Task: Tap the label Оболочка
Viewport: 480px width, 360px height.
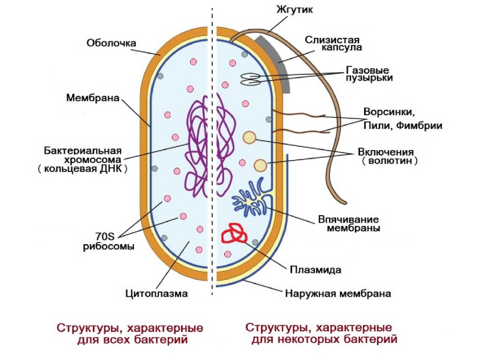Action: tap(111, 43)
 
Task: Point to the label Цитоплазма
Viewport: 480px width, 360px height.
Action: tap(156, 294)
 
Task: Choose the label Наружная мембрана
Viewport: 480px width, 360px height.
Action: tap(337, 294)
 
